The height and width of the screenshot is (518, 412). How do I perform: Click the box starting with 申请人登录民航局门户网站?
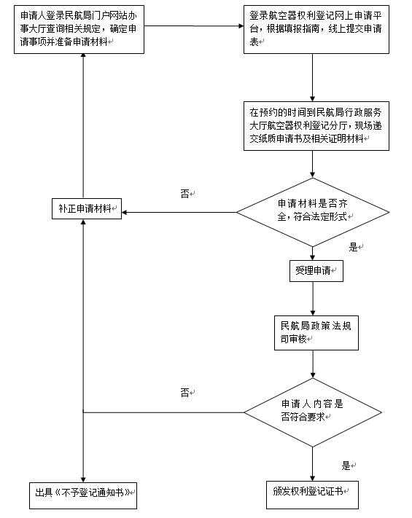pos(79,29)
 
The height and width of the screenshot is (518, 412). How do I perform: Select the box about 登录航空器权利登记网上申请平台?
pos(316,29)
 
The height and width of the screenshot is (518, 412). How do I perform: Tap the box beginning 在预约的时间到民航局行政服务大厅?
pos(316,126)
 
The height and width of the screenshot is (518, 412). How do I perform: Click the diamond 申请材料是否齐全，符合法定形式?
pos(313,212)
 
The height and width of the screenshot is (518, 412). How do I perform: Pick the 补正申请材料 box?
pos(87,208)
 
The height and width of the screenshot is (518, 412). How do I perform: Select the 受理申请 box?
pos(316,271)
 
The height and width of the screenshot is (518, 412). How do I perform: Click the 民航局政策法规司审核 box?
pos(316,333)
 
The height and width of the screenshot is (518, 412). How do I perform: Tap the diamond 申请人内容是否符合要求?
pos(313,412)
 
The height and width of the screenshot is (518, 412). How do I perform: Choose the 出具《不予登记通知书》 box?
pos(83,495)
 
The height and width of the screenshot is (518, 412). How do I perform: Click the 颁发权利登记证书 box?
pos(312,495)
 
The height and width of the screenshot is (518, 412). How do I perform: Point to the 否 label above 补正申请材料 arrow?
pos(184,193)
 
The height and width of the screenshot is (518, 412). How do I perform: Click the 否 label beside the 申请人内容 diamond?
pos(184,392)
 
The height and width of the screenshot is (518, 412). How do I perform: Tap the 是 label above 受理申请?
pos(353,247)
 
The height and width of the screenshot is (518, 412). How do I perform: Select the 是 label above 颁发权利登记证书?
pos(346,466)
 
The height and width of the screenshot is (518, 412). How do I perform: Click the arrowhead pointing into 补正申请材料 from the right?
pos(124,212)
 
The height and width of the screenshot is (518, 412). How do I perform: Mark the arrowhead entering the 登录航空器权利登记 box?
pos(241,25)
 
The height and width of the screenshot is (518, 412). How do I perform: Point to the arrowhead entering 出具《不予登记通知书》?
pos(83,479)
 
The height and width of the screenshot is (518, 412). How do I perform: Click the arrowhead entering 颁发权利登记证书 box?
pos(312,478)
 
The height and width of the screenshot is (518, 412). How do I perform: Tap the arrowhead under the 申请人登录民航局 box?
pos(83,56)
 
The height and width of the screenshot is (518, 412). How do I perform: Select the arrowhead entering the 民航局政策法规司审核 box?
pos(313,313)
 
